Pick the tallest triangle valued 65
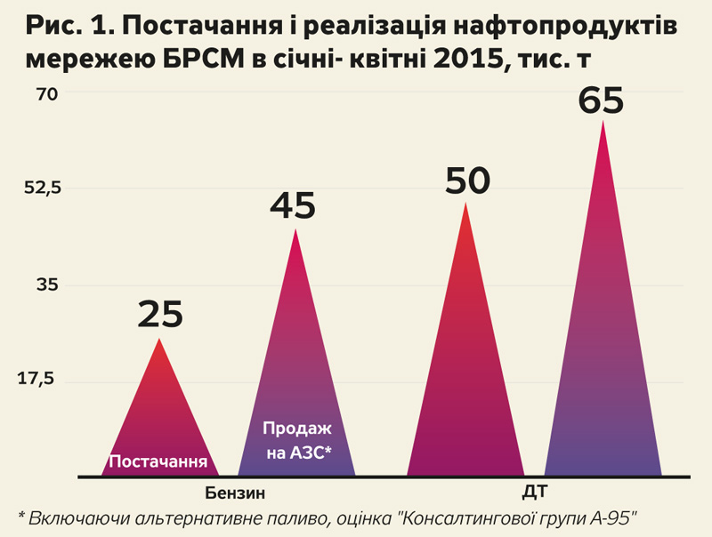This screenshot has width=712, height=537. [603, 338]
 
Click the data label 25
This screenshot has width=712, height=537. [160, 314]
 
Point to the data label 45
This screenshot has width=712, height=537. [293, 206]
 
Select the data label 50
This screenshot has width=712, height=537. [467, 181]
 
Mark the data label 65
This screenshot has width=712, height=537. [602, 100]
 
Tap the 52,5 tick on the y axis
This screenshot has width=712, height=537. [41, 188]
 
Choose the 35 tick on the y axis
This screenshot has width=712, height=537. [46, 285]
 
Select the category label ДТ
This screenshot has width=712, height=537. [536, 492]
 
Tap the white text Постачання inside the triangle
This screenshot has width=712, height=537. [158, 462]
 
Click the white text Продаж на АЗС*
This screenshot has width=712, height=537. [296, 441]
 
